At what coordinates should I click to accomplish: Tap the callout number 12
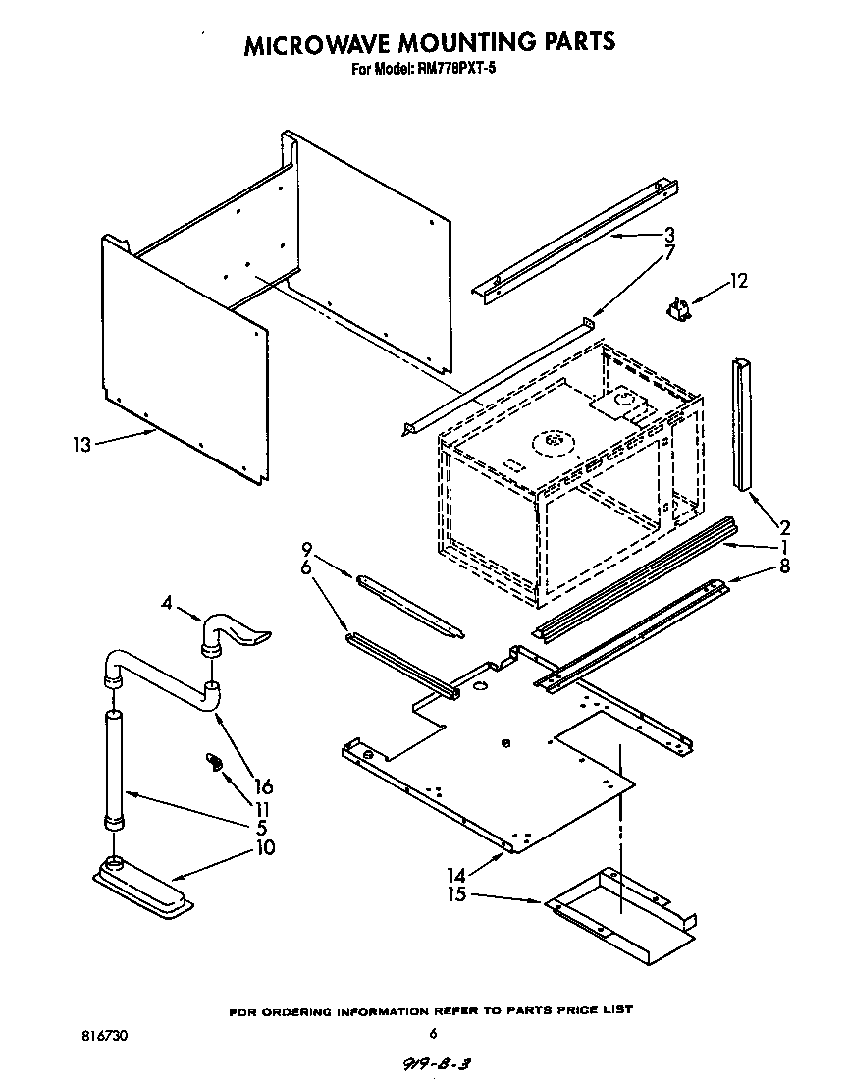737,283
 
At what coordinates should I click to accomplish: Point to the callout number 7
669,254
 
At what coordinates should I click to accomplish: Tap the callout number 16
263,786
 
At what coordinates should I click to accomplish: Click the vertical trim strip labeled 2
741,422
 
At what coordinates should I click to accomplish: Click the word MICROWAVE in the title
317,44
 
